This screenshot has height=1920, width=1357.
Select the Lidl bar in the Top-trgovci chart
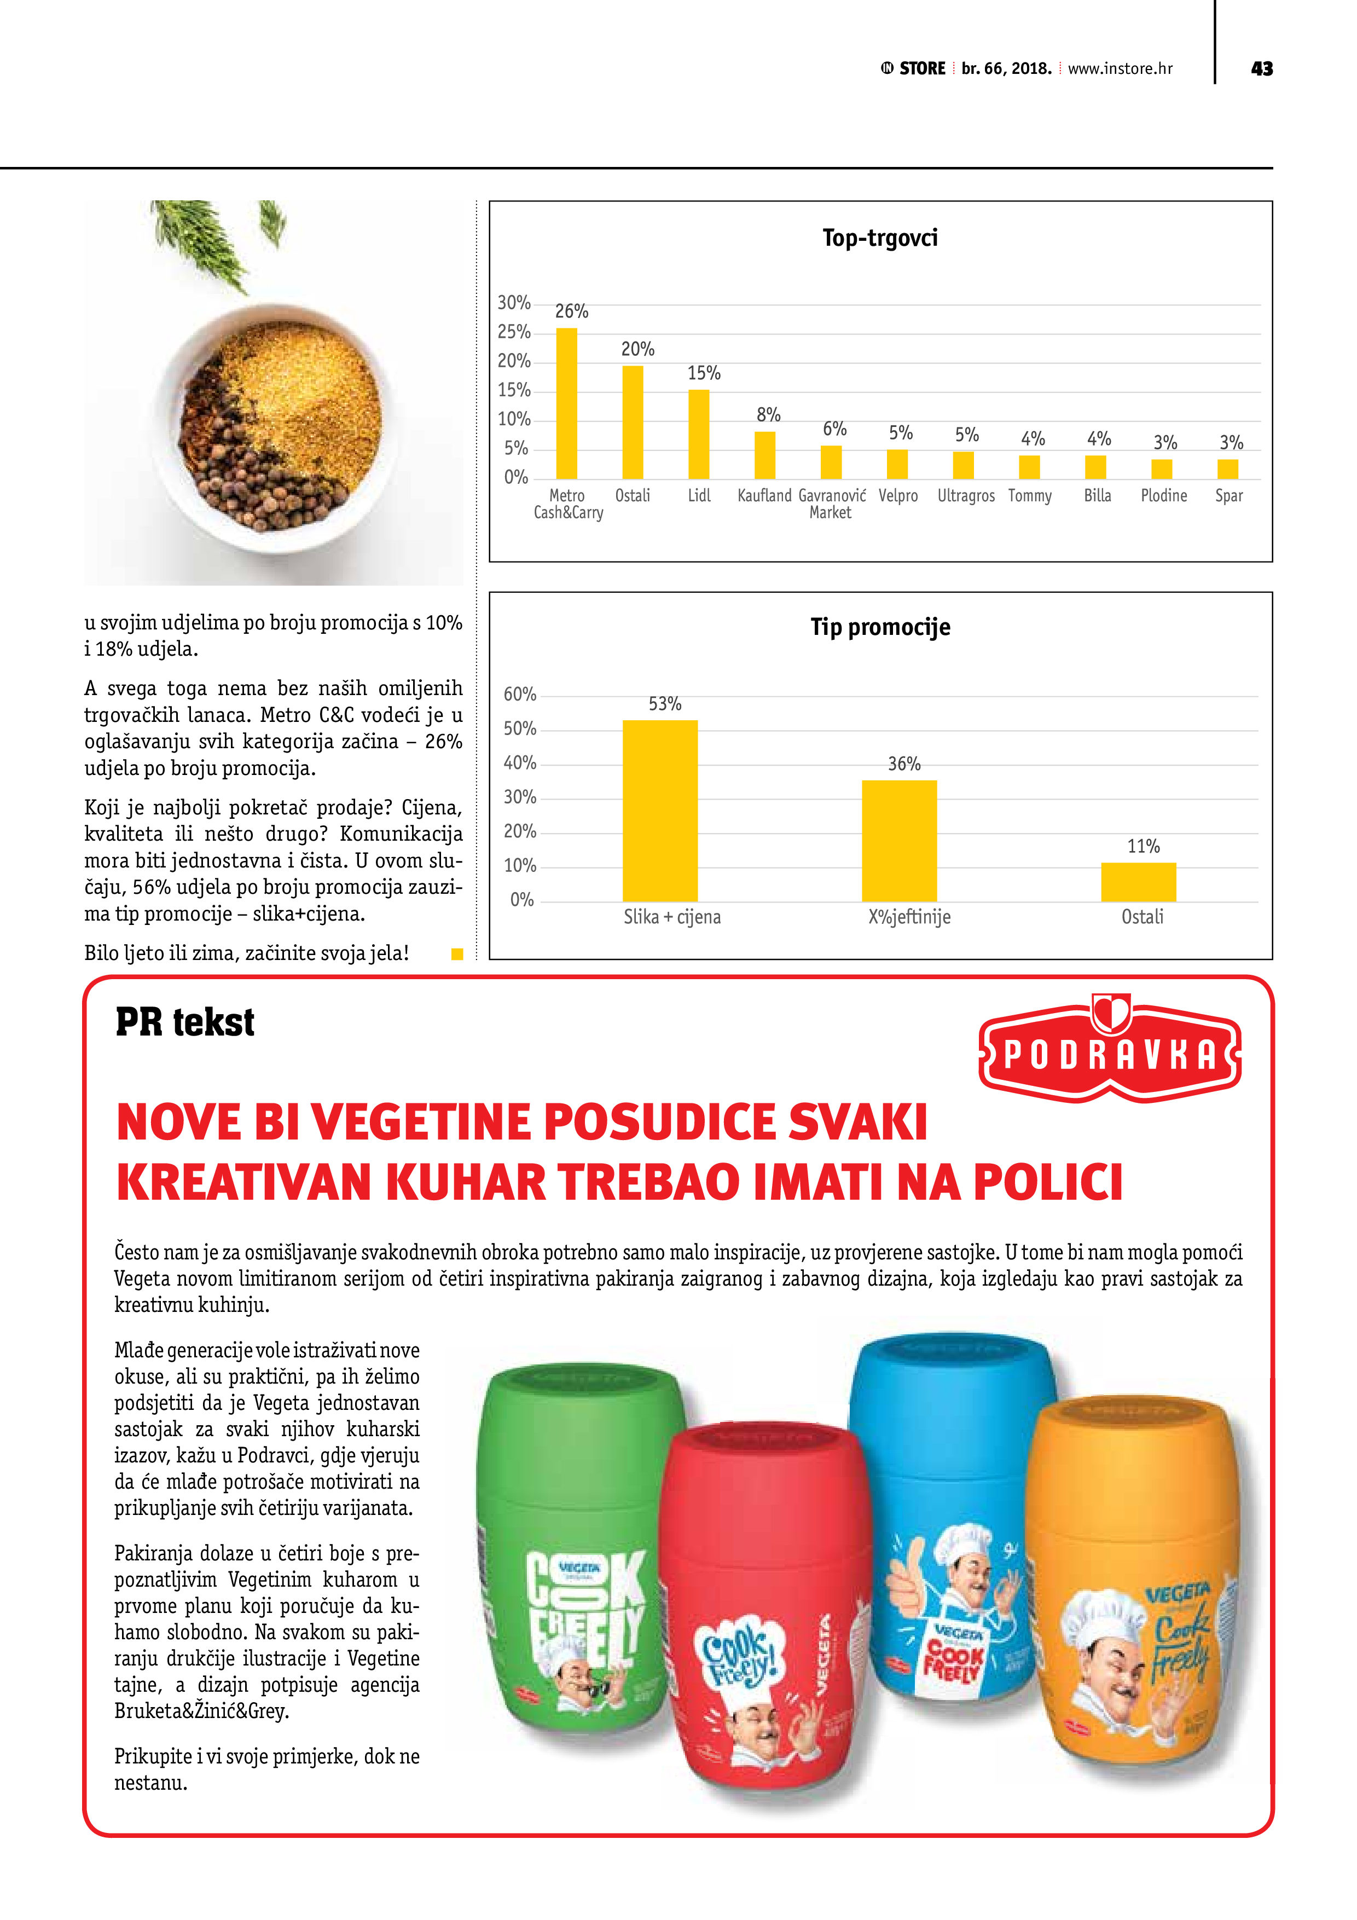coord(698,434)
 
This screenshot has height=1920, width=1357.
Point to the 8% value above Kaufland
coord(768,415)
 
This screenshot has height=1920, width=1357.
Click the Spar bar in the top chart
coord(1227,469)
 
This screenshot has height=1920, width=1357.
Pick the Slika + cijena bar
coord(660,811)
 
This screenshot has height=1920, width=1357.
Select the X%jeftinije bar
coord(899,841)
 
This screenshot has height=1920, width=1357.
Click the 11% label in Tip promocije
coord(1143,846)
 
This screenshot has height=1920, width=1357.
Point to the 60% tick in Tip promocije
coord(519,695)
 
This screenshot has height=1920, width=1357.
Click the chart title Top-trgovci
coord(879,238)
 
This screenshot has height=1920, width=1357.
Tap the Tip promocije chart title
coord(879,627)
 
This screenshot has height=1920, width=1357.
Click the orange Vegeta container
coord(1133,1589)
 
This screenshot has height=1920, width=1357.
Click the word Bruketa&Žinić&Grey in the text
coord(201,1711)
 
